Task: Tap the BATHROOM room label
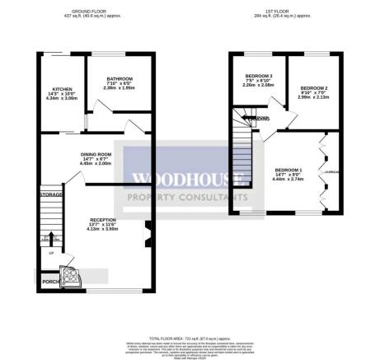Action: pos(119,78)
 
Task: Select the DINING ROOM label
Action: pos(96,153)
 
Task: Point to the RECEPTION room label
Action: pos(104,220)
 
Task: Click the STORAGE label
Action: pos(51,194)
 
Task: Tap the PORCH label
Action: pos(50,282)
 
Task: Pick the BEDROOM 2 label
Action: pos(314,87)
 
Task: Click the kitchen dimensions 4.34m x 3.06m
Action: pos(62,98)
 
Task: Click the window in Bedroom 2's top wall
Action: pos(313,54)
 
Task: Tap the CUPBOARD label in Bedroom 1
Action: pos(333,172)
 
